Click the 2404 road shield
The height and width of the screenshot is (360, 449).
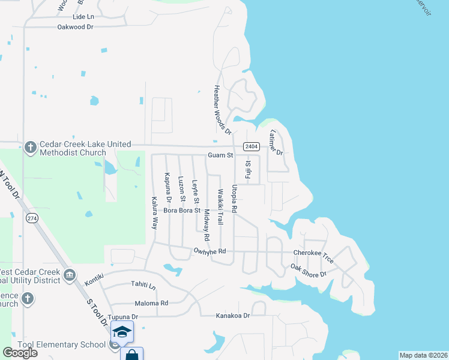251,146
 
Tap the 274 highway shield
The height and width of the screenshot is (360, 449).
32,218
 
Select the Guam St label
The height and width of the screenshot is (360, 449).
220,155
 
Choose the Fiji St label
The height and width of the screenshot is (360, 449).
248,170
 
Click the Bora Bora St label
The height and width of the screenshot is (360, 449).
181,211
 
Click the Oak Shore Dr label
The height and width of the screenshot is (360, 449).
308,270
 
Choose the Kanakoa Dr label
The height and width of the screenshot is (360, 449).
232,316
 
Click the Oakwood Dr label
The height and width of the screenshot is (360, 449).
76,27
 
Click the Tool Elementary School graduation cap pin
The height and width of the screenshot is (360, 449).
122,331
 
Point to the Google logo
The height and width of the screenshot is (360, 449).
20,353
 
